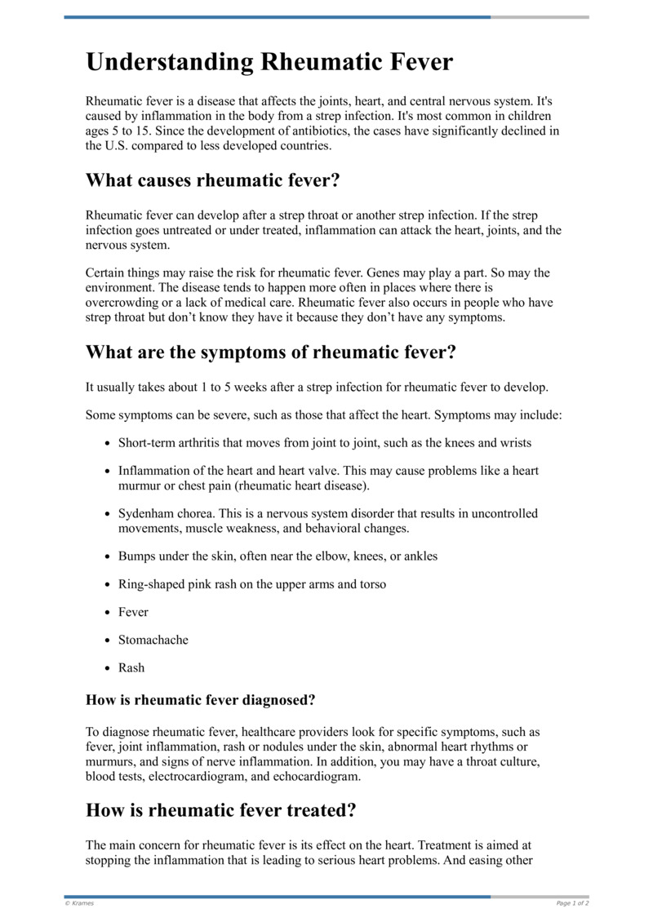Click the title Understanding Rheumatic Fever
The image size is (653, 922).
pyautogui.click(x=269, y=63)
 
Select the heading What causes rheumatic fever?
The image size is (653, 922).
pyautogui.click(x=212, y=180)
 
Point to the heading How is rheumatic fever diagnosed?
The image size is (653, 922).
pyautogui.click(x=200, y=699)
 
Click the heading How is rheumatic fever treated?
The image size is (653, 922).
pyautogui.click(x=221, y=811)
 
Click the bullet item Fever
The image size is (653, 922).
pyautogui.click(x=133, y=612)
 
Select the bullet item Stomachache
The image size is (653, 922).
pyautogui.click(x=153, y=640)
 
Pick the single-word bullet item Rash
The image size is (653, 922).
pyautogui.click(x=131, y=667)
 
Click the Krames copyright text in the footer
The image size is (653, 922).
pyautogui.click(x=79, y=903)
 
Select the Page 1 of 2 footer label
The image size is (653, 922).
pyautogui.click(x=572, y=903)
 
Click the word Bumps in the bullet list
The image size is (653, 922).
pyautogui.click(x=136, y=556)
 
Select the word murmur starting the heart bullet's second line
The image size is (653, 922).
pyautogui.click(x=140, y=486)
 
